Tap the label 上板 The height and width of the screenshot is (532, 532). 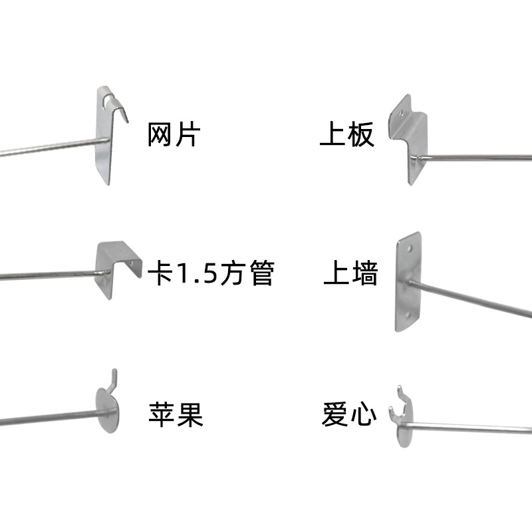[347, 136]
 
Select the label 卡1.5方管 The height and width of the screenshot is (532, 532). [211, 273]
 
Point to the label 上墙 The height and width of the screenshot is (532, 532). [350, 273]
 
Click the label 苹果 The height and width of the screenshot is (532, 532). [175, 414]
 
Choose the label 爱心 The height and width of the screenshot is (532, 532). [349, 414]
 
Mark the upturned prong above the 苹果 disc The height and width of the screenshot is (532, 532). [114, 378]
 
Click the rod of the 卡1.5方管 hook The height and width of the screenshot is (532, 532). [47, 275]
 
